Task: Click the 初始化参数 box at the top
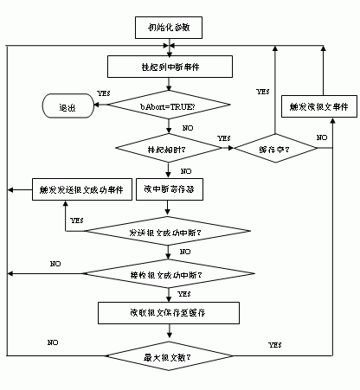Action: tap(169, 29)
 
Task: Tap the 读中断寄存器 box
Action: tap(169, 189)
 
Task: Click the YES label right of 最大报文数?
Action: tap(275, 345)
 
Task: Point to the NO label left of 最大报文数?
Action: tap(54, 342)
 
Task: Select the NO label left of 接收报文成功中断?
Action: tap(55, 262)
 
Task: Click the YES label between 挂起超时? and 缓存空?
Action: tap(223, 138)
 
